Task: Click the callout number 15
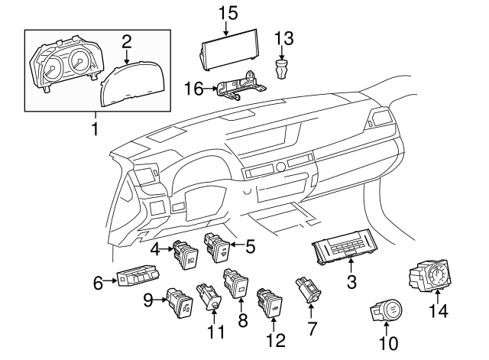click(x=228, y=13)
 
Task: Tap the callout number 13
click(x=283, y=37)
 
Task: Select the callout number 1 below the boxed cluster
click(x=95, y=129)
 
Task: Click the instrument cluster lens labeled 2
click(x=134, y=83)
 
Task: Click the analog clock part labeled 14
click(x=432, y=277)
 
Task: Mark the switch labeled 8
click(x=235, y=284)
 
